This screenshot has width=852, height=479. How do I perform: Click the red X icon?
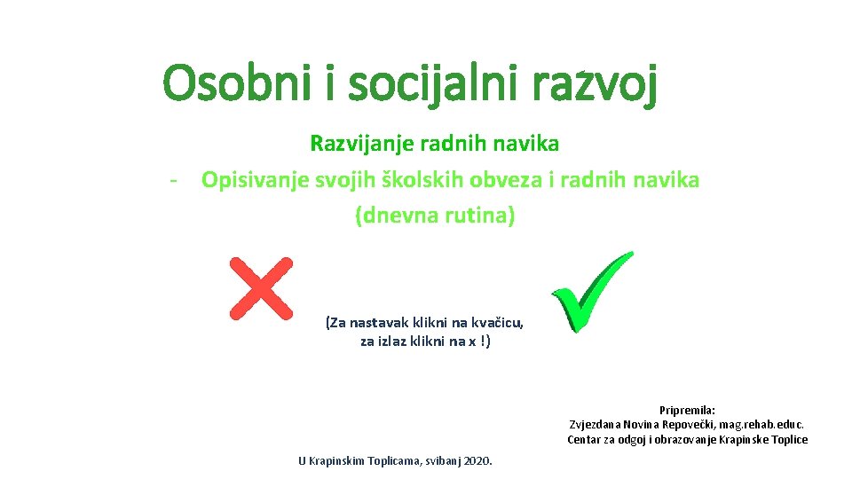[261, 288]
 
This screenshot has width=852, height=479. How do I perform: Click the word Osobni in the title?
[232, 85]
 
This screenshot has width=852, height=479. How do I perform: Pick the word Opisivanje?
[254, 180]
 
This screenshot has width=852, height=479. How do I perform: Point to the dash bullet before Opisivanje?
[176, 180]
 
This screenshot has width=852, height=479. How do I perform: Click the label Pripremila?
[687, 410]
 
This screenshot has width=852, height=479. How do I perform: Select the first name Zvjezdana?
[599, 425]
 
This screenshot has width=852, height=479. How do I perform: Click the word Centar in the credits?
[587, 440]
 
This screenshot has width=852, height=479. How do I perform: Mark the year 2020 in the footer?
[477, 460]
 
